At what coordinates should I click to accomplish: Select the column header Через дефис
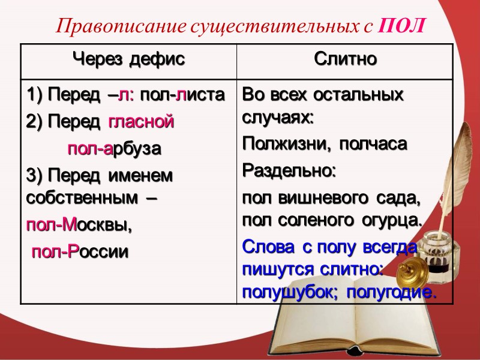[x=128, y=59]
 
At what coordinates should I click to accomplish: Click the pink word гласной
[x=141, y=122]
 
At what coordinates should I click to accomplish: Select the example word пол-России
[x=80, y=251]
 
